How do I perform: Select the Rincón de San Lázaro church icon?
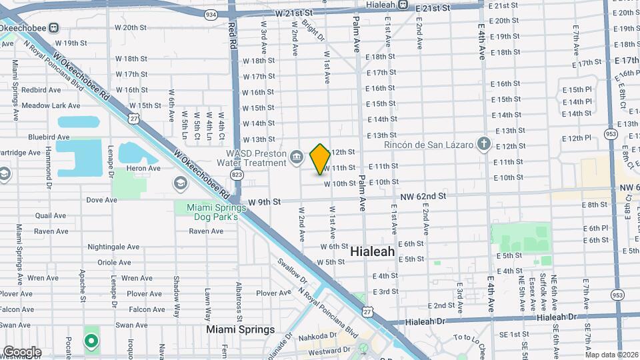(x=484, y=144)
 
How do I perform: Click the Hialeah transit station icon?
(x=403, y=5)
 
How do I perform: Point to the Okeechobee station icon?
(x=54, y=27)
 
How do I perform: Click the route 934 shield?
(x=211, y=14)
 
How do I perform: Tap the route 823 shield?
(x=237, y=173)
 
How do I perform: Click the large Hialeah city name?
(x=372, y=253)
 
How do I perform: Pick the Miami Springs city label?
(x=240, y=329)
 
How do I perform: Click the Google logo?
(x=21, y=351)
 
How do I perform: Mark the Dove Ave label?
(x=101, y=199)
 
